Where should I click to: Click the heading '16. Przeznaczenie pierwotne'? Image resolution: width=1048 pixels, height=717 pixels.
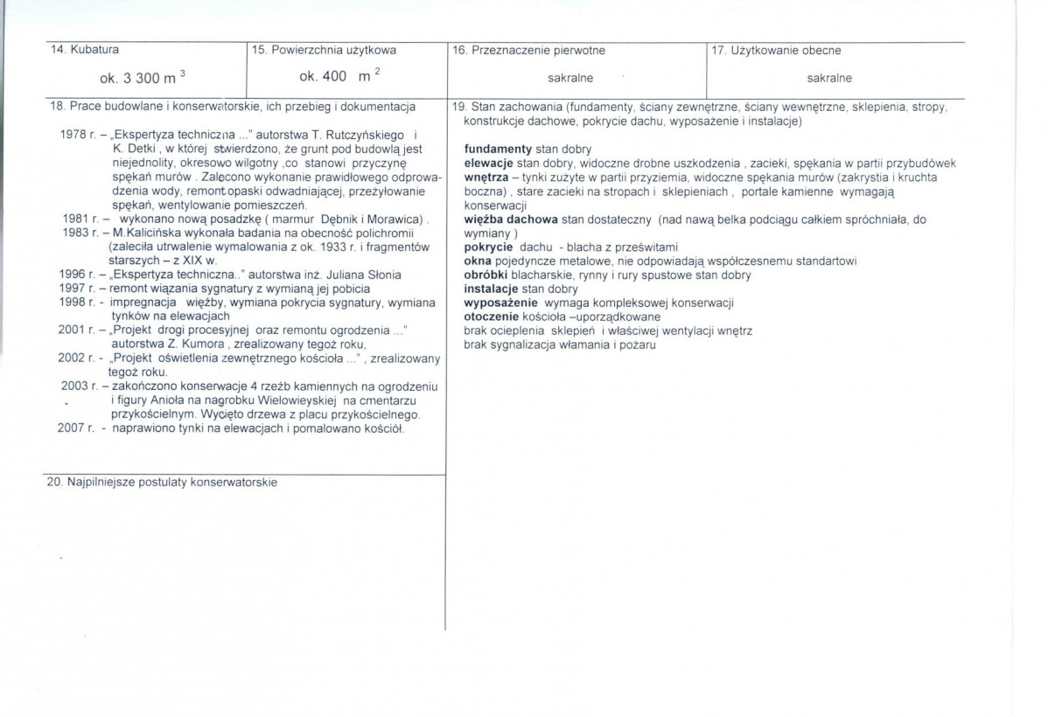(x=528, y=51)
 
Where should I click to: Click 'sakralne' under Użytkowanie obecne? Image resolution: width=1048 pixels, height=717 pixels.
(x=829, y=78)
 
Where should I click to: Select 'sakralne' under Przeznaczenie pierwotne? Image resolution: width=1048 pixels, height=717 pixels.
(x=570, y=78)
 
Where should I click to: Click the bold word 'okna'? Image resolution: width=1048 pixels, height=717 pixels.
(x=476, y=261)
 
